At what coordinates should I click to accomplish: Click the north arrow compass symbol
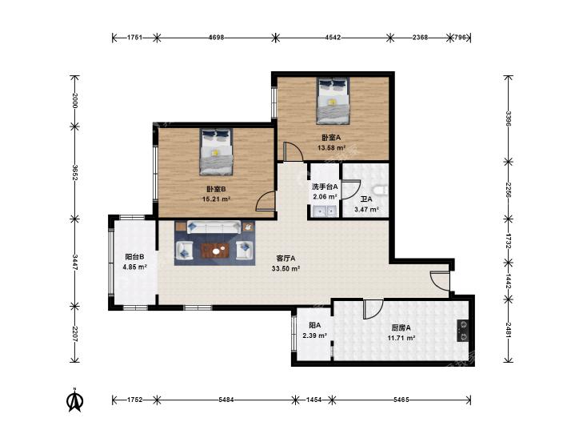click(x=74, y=400)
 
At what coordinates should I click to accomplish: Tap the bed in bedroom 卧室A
click(x=333, y=101)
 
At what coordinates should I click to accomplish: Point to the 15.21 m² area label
click(x=217, y=199)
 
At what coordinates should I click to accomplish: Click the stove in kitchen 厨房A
click(x=463, y=331)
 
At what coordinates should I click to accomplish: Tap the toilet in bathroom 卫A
click(x=381, y=191)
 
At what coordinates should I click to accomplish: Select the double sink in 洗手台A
click(x=325, y=211)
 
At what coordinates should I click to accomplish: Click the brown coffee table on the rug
click(x=215, y=251)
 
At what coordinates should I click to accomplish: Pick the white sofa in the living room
click(x=214, y=227)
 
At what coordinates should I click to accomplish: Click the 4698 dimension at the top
click(x=216, y=37)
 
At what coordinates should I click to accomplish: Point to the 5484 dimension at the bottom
click(x=226, y=400)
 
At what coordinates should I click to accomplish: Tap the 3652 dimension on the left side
click(x=74, y=172)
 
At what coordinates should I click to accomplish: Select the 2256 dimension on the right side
click(x=509, y=190)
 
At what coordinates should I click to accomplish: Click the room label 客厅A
click(x=286, y=258)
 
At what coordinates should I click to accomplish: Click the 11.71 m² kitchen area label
click(x=401, y=338)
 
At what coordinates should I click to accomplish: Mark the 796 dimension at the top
click(x=461, y=37)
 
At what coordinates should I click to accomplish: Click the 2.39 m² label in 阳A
click(x=314, y=336)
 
